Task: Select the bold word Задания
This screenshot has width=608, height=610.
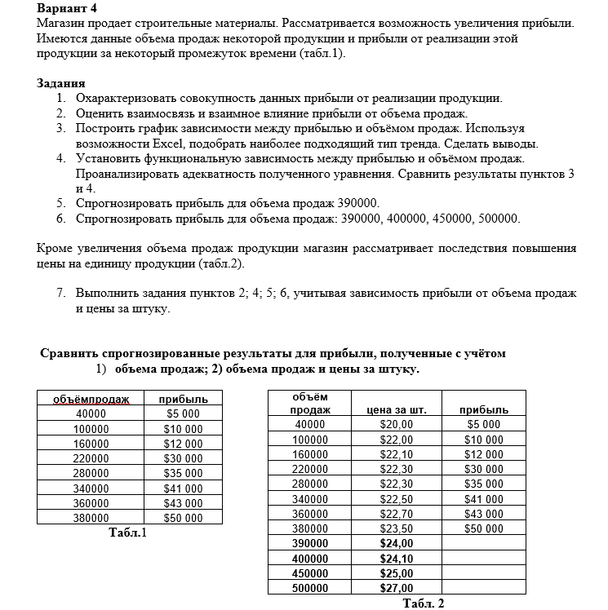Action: coord(61,84)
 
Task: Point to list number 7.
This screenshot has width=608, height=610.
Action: coord(61,294)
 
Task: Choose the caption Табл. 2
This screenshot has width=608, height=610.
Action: coord(424,603)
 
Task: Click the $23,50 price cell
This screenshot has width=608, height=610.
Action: coord(397,528)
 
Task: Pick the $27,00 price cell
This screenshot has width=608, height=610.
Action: coord(397,587)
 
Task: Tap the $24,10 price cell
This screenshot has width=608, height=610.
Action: coord(397,558)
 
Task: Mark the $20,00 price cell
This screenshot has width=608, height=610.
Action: coord(397,425)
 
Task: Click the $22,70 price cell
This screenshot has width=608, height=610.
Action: coord(397,513)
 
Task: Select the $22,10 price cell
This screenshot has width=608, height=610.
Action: coord(397,454)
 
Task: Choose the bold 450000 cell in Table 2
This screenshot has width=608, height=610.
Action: coord(309,572)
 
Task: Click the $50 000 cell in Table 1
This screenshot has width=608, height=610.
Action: coord(183,518)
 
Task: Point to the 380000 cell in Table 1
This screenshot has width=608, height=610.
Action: coord(91,518)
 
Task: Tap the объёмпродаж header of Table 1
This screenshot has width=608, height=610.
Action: coord(91,400)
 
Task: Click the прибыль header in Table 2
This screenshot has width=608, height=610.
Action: coord(484,410)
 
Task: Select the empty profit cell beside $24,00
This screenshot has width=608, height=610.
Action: coord(484,543)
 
